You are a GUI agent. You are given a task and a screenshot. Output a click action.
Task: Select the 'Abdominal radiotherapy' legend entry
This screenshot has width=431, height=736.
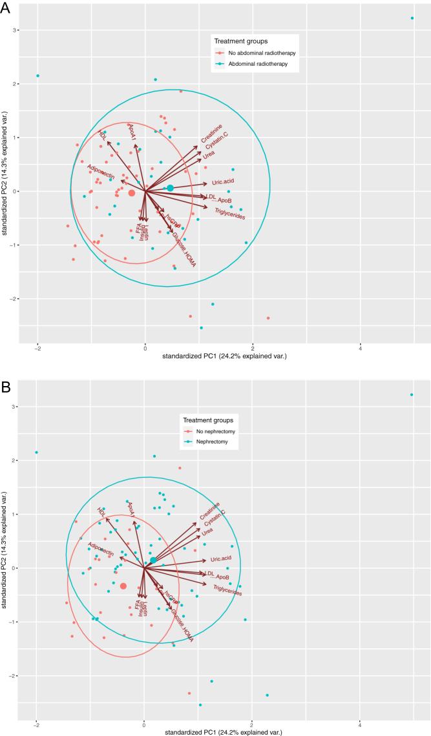(257, 64)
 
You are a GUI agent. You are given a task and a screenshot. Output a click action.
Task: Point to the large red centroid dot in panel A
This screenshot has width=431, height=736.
(132, 192)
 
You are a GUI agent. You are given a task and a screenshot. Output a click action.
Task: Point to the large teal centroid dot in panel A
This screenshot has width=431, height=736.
(171, 188)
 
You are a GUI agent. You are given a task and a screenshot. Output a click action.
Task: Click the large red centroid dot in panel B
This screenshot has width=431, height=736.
(123, 586)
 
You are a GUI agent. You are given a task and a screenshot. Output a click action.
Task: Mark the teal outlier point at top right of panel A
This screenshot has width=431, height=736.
(412, 18)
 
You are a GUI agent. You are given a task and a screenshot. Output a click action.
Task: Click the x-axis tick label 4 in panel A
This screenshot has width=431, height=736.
(361, 348)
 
